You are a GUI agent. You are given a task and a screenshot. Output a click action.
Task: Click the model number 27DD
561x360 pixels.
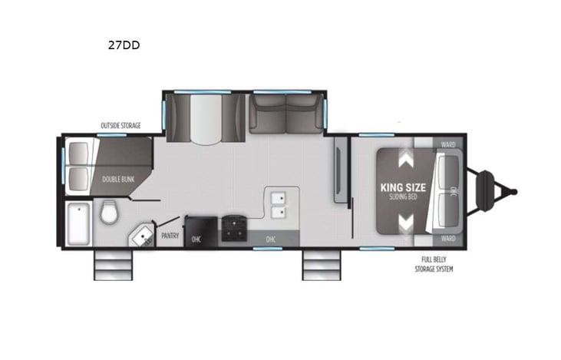tap(124, 45)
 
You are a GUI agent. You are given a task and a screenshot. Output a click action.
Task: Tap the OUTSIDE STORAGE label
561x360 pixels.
tap(120, 125)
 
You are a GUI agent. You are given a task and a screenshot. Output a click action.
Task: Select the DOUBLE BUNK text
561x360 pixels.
tap(117, 180)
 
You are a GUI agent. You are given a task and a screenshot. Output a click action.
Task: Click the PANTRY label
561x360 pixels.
tap(170, 236)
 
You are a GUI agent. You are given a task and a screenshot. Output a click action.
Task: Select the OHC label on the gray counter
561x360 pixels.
tap(270, 239)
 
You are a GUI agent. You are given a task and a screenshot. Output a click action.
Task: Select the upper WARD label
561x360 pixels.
tap(448, 142)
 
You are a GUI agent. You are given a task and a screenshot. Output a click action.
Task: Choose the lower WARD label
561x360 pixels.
tap(448, 239)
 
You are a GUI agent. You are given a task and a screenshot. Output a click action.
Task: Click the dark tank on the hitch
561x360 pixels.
tap(487, 190)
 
